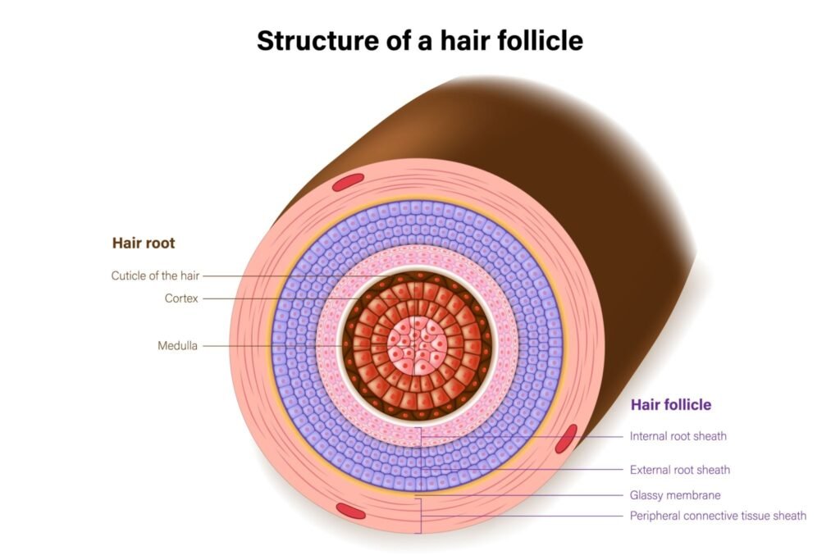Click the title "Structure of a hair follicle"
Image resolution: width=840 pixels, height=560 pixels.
419,40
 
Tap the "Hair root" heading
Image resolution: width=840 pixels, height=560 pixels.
144,244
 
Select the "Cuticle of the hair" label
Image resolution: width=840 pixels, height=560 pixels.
155,275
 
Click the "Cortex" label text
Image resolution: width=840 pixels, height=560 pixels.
181,298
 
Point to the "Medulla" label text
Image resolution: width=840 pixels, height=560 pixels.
177,346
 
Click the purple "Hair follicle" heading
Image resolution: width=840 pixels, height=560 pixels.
670,405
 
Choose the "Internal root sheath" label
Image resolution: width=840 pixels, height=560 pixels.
678,436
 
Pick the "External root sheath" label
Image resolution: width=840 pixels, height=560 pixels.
679,470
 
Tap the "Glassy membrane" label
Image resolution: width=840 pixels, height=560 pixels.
675,495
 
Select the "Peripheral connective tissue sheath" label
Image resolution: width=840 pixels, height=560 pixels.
718,516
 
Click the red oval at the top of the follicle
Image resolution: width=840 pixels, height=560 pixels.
348,182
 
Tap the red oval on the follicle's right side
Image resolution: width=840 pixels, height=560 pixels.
566,439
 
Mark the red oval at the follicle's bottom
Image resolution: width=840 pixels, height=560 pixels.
351,511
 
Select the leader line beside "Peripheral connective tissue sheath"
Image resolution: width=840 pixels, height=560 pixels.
525,516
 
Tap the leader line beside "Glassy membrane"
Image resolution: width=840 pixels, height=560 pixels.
525,495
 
